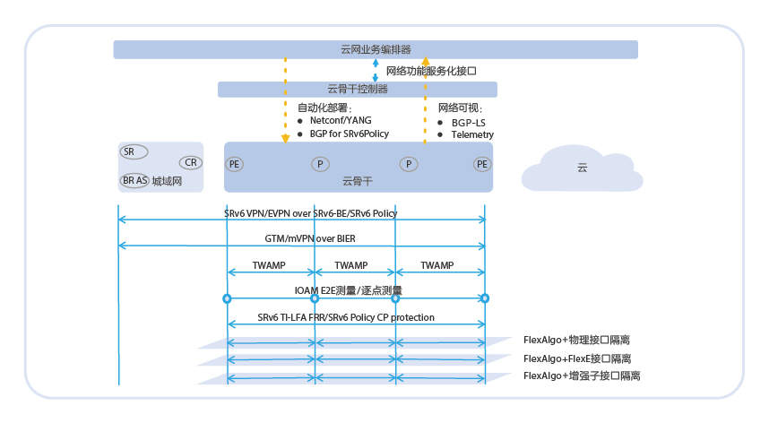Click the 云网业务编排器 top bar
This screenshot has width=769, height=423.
point(376,49)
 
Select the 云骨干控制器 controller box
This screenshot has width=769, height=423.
point(358,90)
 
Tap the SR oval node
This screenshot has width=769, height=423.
point(134,152)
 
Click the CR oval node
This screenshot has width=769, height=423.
point(190,162)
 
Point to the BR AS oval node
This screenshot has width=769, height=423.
point(134,181)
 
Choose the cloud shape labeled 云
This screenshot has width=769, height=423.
point(583,168)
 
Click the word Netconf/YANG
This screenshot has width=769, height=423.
point(341,121)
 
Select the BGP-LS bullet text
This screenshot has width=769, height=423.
point(469,123)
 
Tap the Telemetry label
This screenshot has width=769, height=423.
point(472,134)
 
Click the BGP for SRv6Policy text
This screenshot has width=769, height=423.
point(350,134)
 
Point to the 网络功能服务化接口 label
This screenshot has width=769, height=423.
point(432,71)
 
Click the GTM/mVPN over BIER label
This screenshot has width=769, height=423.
point(310,238)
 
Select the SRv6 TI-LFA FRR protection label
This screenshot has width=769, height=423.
point(346,317)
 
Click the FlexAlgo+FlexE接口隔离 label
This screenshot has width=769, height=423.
point(577,358)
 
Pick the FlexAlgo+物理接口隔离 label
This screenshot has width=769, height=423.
point(577,341)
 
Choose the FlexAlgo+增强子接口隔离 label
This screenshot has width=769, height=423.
point(582,376)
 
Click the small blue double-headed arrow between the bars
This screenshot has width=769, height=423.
point(376,70)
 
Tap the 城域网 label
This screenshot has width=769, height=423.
point(167,181)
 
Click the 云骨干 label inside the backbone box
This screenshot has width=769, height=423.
point(358,181)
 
